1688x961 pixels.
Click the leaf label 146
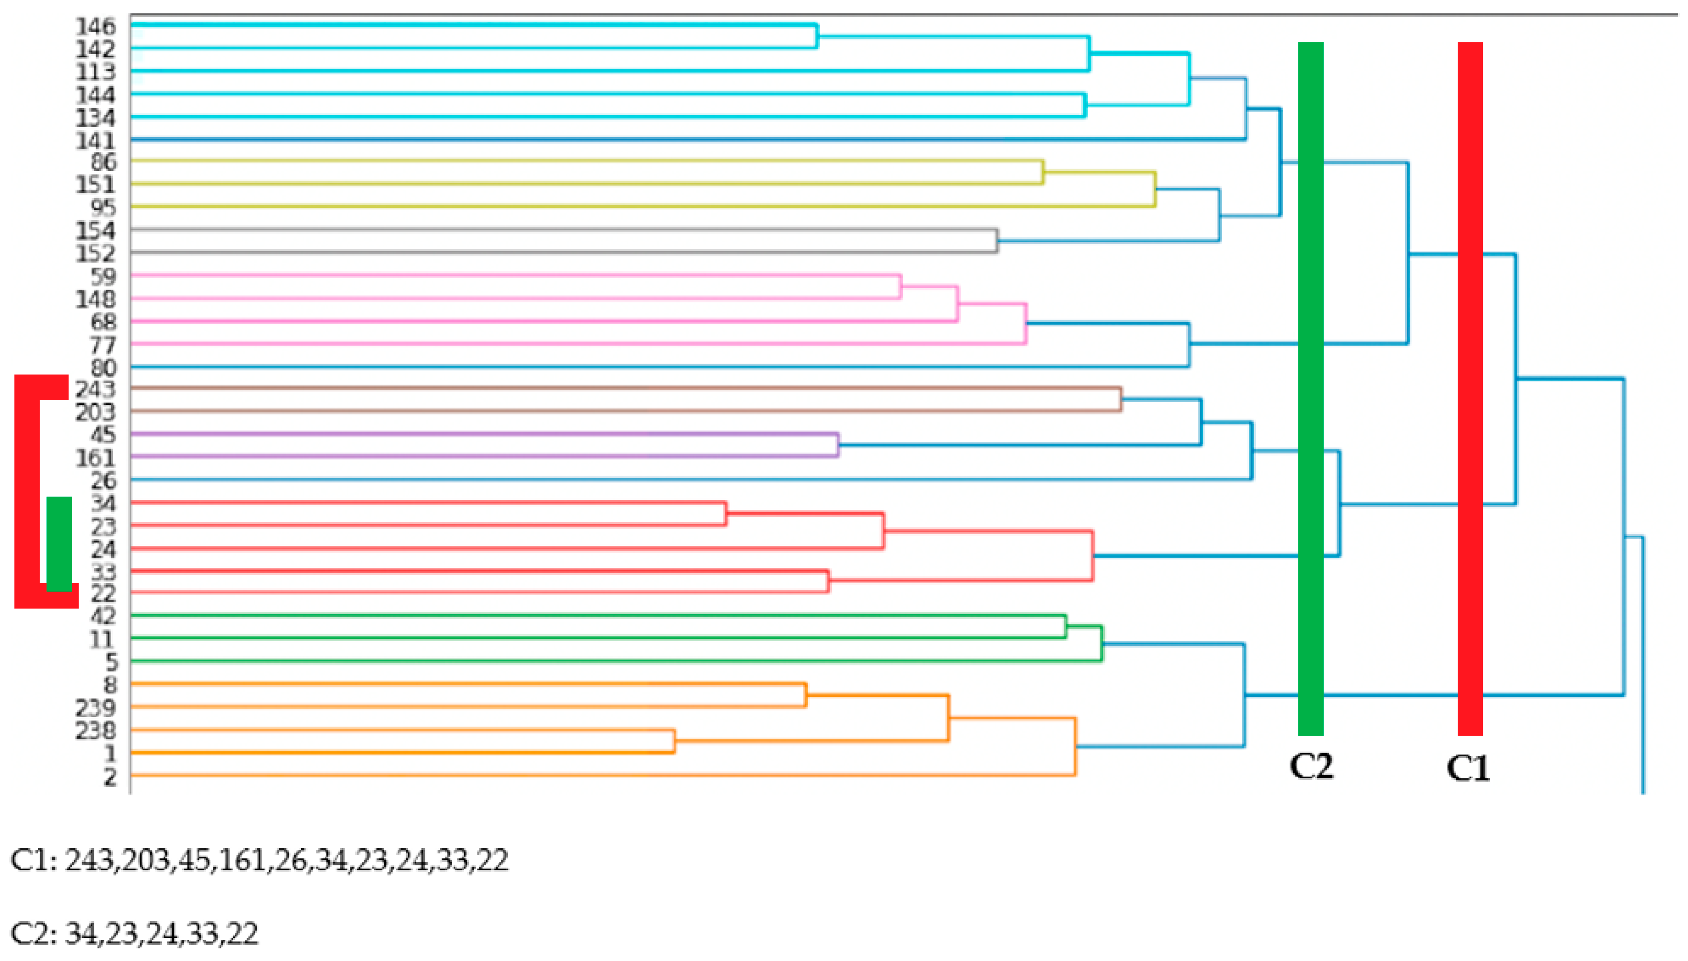[x=96, y=26]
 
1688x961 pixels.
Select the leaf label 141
[x=96, y=140]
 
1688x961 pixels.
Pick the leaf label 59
[x=103, y=276]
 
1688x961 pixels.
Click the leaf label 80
[x=103, y=368]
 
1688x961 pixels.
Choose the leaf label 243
[x=96, y=390]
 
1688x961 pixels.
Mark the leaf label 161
[x=96, y=458]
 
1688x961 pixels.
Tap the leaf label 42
[x=103, y=616]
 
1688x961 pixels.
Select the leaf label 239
[x=96, y=707]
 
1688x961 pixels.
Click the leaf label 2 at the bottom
[x=109, y=777]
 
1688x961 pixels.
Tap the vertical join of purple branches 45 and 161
[x=838, y=445]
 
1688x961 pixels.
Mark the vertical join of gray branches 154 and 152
[x=997, y=241]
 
